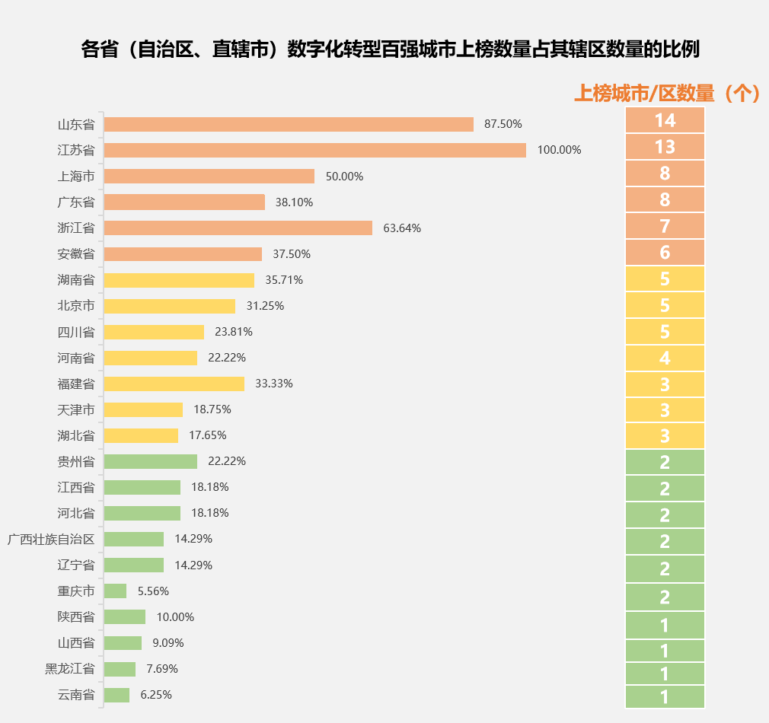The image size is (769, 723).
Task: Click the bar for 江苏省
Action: [314, 150]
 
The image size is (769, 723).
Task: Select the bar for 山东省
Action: [289, 124]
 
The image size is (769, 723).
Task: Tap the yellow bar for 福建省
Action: [174, 384]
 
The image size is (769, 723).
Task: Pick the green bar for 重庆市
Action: [115, 591]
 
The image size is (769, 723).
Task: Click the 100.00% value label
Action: [559, 150]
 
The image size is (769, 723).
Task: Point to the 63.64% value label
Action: [402, 228]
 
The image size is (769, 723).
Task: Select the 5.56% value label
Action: [153, 591]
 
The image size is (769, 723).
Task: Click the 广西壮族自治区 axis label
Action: [51, 540]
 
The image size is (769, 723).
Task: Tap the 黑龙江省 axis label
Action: [70, 669]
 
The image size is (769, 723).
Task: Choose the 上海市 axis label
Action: [76, 177]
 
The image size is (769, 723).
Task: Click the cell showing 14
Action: [665, 120]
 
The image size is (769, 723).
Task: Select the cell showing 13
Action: [665, 146]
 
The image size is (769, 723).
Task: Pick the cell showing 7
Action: [665, 226]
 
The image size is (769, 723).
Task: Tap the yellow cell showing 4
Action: [665, 358]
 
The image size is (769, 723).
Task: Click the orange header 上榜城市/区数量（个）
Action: [666, 93]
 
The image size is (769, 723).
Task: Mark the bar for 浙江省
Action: [238, 228]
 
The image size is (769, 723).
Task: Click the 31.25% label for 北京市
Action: [265, 306]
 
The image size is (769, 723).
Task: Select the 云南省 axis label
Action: [76, 695]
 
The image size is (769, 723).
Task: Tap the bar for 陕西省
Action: [124, 617]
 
